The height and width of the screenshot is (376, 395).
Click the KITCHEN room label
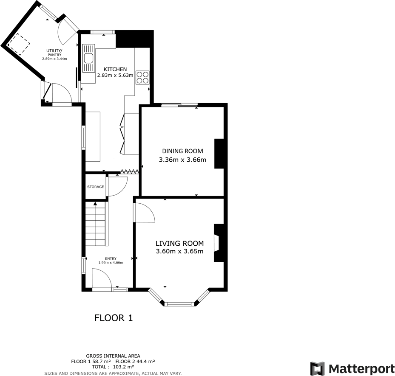pos(115,69)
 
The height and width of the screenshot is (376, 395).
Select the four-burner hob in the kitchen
pos(142,77)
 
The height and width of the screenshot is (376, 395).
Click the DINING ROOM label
pos(182,151)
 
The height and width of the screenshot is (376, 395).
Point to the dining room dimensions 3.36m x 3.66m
pos(182,160)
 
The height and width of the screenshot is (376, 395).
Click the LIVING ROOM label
pos(179,244)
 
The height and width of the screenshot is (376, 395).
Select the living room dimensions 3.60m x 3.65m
pos(179,251)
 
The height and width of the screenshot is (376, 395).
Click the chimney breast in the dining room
pos(219,154)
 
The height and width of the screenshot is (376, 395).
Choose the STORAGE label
pos(96,187)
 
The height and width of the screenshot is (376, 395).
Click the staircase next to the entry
pos(95,224)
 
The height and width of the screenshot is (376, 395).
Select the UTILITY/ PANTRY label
pos(54,53)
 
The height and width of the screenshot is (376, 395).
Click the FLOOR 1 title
pos(114,318)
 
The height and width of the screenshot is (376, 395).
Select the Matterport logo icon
pos(317,368)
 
